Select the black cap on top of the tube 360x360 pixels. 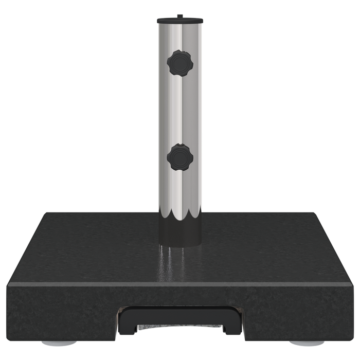click(179, 21)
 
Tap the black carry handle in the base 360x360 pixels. click(179, 311)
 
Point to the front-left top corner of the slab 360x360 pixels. click(8, 283)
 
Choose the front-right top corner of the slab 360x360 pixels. click(352, 283)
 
